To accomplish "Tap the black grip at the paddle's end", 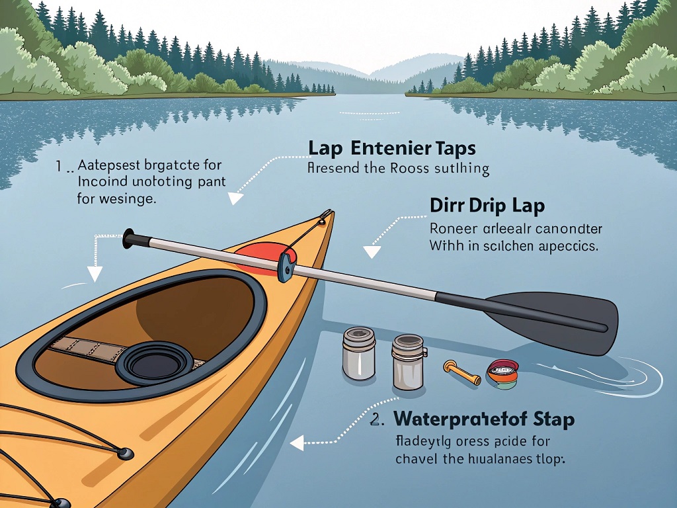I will point(128,238).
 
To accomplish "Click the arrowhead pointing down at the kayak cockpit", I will point(95,274).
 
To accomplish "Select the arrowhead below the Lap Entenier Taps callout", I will point(234,198).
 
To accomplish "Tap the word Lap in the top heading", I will point(329,147).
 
